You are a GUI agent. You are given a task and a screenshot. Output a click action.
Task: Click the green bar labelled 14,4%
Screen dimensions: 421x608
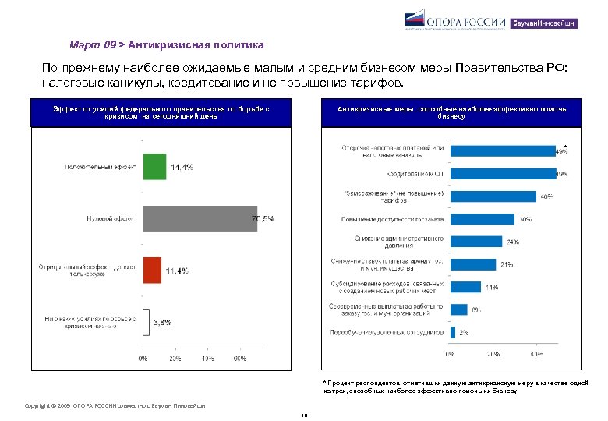coord(154,167)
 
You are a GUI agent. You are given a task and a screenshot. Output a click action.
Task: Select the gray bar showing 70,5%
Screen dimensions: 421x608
coord(195,218)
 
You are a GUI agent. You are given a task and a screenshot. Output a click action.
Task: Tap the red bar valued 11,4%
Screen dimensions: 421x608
coord(151,270)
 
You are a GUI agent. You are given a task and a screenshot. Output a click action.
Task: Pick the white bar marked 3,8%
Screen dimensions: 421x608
coord(145,321)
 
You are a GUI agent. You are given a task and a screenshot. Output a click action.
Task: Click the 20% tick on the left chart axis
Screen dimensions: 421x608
coord(175,359)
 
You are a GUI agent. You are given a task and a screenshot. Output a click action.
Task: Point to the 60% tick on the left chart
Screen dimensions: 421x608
coord(239,359)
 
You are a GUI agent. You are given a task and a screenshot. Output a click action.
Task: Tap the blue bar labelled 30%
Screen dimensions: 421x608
coord(483,218)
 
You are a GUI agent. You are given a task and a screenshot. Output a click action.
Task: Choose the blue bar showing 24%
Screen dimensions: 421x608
coord(476,241)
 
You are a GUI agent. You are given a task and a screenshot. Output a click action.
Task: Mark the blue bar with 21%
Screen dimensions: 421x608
coord(473,264)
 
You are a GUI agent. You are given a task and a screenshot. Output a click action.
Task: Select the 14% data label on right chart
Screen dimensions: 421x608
coord(492,287)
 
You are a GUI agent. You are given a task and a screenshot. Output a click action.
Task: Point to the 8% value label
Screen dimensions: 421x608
coord(475,310)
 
